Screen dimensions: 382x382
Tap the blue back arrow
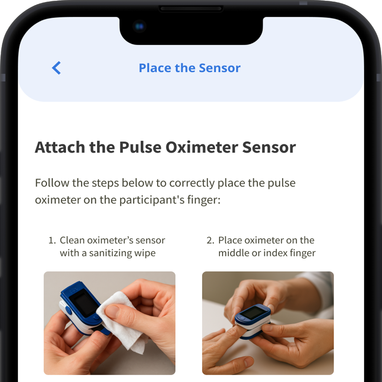56,68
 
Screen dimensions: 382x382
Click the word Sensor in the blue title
220,68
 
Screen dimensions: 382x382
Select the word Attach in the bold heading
60,147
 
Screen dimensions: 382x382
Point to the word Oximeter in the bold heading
202,147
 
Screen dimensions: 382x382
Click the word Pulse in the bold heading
140,147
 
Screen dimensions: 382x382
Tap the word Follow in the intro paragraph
52,183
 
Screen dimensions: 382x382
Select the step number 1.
52,240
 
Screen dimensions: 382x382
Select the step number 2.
210,240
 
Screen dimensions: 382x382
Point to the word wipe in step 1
145,253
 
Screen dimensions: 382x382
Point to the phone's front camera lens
139,26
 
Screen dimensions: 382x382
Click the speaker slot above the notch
191,9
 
